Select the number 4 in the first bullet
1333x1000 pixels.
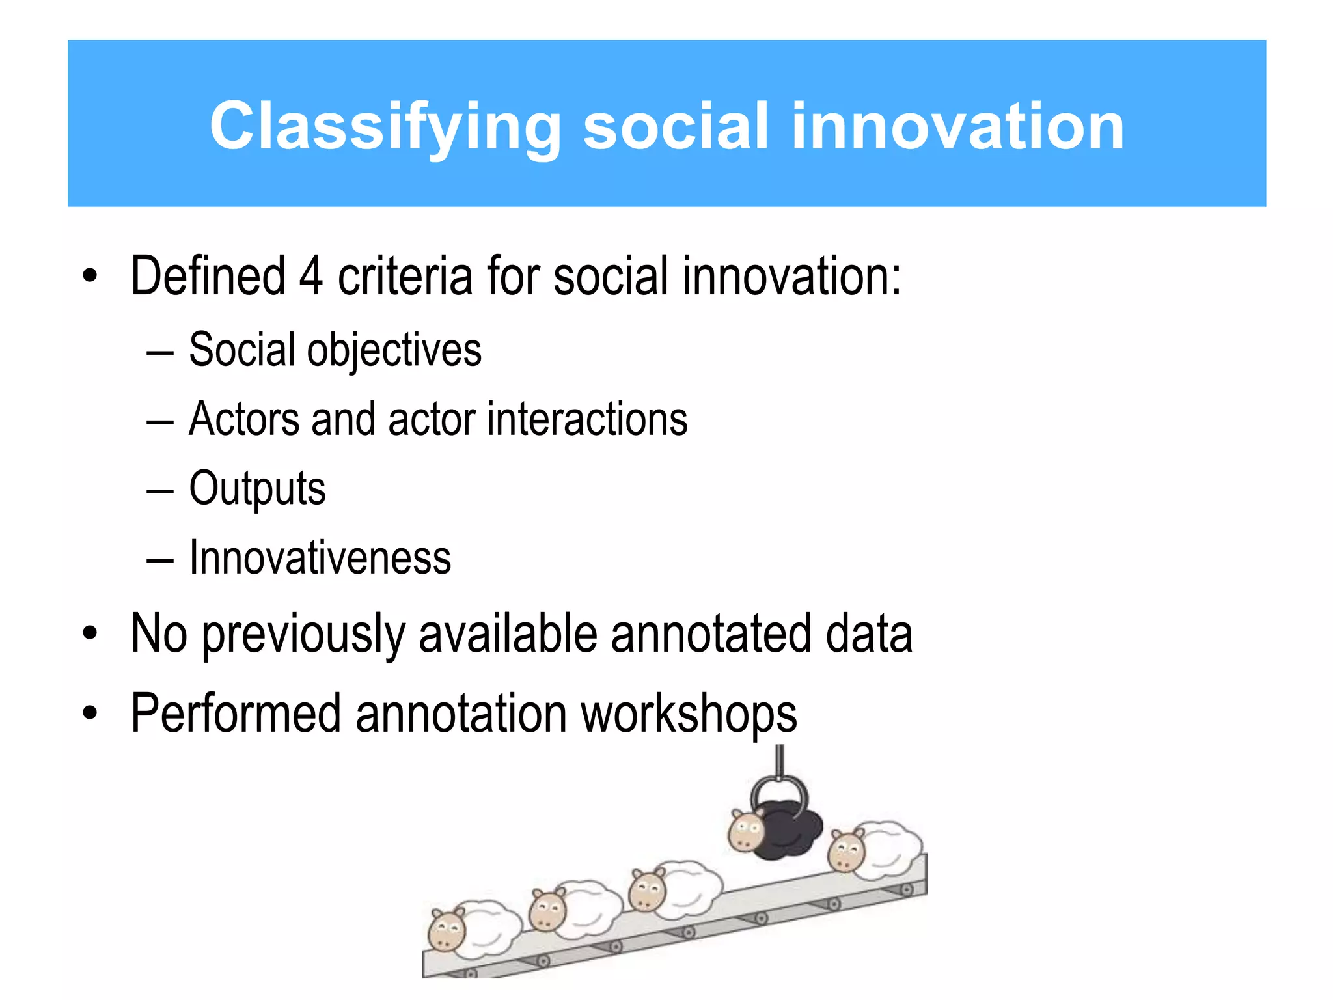[x=311, y=277]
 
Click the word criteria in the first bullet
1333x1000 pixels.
[x=405, y=277]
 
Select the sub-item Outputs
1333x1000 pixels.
[x=257, y=489]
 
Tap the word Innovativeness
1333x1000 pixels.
[x=320, y=559]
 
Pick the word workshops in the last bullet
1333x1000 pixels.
[x=689, y=714]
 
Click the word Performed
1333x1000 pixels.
[x=236, y=714]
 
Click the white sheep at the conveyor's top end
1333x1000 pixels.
[x=879, y=850]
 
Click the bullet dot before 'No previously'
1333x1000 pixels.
[x=90, y=633]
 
